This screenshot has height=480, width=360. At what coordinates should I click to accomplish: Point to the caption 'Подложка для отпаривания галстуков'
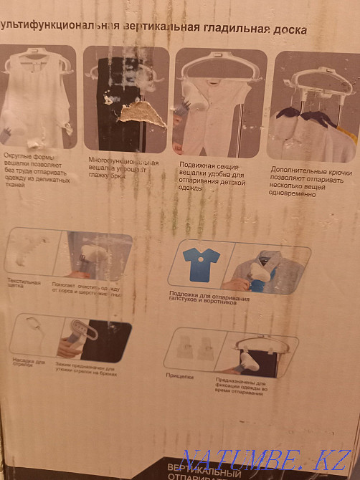pos(209,296)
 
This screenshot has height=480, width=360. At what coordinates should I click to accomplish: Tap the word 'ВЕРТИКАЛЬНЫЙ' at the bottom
pos(202,467)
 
